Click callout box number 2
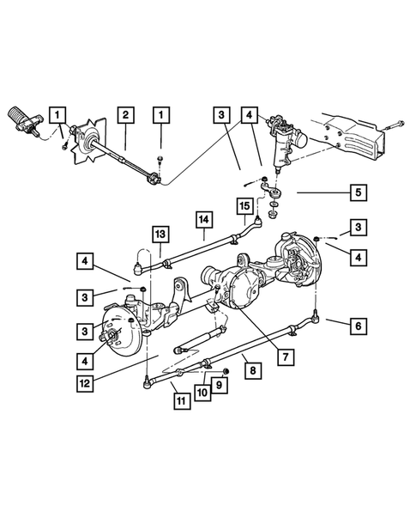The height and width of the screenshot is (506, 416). pyautogui.click(x=125, y=114)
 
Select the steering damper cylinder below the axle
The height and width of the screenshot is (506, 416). pyautogui.click(x=196, y=339)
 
